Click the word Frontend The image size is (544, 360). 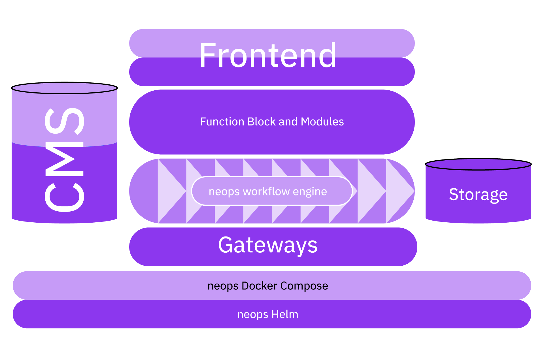pos(268,55)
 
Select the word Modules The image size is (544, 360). pos(322,122)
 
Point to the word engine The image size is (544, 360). pos(310,192)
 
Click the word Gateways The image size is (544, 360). pos(268,245)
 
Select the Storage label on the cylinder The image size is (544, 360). pos(478,195)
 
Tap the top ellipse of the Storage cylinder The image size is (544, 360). pos(478,165)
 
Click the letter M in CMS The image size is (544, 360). pos(65,159)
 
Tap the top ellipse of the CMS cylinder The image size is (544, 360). pos(64,88)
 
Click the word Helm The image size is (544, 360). pos(284,314)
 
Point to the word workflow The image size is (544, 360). pos(266,191)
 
